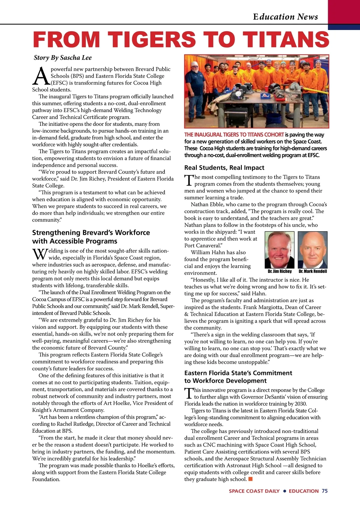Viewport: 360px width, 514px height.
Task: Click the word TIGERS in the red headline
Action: point(152,40)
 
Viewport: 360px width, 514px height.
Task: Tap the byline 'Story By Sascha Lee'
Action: point(63,58)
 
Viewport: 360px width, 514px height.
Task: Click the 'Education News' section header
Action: point(285,16)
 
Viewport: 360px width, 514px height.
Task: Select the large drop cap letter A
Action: point(41,76)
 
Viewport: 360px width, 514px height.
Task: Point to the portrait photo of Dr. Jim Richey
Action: point(280,250)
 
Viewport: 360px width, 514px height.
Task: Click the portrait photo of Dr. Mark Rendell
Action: point(312,250)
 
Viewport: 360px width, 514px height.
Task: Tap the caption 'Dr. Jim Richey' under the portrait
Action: point(280,271)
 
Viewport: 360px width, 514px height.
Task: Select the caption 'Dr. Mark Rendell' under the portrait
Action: point(313,271)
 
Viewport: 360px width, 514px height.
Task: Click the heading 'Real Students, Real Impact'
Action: point(224,168)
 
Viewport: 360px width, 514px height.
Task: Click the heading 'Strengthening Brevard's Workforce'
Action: point(91,233)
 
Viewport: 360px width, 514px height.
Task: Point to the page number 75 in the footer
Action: point(325,491)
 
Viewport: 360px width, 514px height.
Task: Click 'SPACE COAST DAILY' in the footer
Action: point(254,491)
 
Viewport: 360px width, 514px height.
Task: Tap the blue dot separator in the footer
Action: point(284,491)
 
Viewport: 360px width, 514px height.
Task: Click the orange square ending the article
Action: point(250,479)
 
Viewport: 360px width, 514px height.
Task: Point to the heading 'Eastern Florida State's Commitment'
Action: point(238,373)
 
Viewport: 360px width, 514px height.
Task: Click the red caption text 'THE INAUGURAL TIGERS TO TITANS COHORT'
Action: point(234,135)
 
